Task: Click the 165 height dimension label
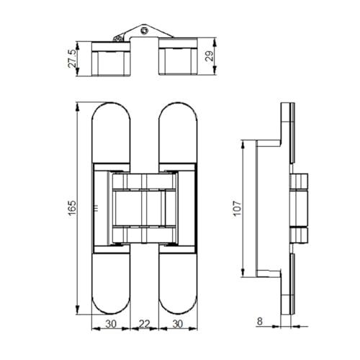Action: click(72, 207)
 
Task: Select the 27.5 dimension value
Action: click(72, 58)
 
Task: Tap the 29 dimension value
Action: click(210, 56)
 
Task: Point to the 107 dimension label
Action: click(238, 208)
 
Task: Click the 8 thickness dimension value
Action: click(260, 321)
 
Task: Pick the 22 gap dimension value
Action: click(144, 324)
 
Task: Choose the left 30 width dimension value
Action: click(111, 324)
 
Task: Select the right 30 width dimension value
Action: click(178, 324)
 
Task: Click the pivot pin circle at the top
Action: click(144, 31)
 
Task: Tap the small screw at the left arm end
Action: click(117, 39)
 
